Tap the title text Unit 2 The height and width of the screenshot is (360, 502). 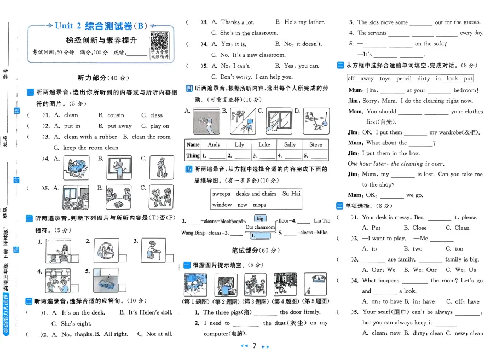(x=68, y=25)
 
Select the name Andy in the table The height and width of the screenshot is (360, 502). (x=214, y=145)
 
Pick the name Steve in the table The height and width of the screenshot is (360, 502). (x=316, y=145)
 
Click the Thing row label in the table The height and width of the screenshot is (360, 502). (x=193, y=156)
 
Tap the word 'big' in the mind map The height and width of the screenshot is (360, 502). (x=260, y=218)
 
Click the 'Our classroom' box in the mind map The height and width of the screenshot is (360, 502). (x=260, y=227)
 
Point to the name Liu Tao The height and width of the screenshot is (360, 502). (x=322, y=221)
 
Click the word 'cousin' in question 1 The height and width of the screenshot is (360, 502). (x=116, y=115)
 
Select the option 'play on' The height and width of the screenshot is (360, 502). (x=159, y=126)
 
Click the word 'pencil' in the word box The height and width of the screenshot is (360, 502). (x=404, y=79)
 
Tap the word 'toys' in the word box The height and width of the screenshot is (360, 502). (x=385, y=79)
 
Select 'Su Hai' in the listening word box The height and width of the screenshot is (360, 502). (x=291, y=194)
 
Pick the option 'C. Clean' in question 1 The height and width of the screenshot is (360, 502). (x=457, y=228)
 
